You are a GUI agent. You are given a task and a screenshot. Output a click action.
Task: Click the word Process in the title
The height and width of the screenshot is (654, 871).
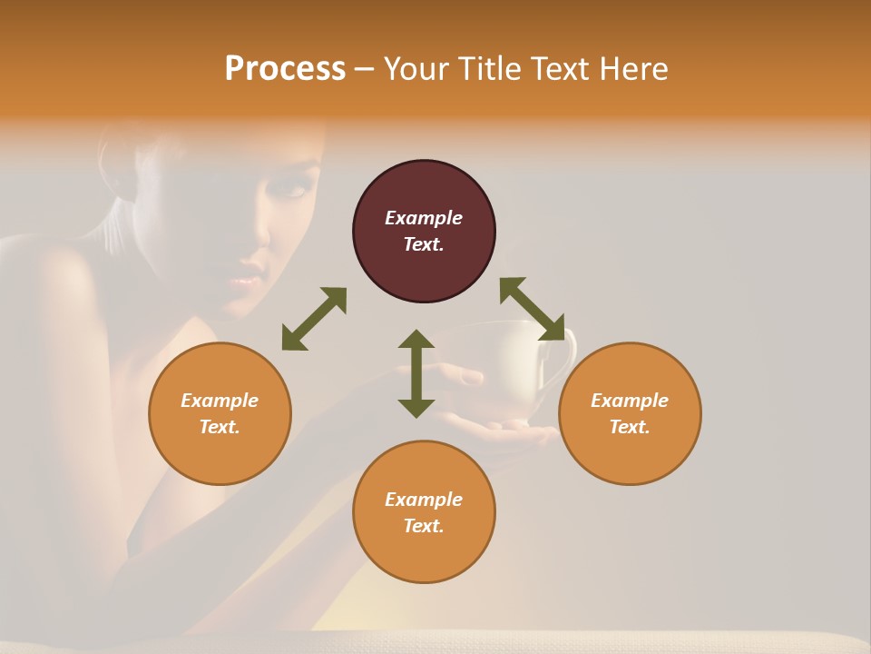click(285, 69)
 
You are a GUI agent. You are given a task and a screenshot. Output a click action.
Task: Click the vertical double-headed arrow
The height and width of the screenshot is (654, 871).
click(416, 373)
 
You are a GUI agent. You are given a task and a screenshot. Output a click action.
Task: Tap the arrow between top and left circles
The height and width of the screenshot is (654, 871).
click(314, 319)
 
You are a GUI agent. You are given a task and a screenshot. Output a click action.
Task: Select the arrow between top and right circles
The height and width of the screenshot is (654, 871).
click(532, 309)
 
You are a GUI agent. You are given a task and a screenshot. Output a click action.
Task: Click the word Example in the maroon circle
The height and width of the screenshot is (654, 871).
click(423, 218)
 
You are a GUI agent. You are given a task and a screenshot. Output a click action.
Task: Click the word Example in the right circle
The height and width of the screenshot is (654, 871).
click(629, 401)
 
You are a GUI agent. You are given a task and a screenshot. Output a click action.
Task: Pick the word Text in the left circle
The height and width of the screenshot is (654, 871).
click(219, 427)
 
